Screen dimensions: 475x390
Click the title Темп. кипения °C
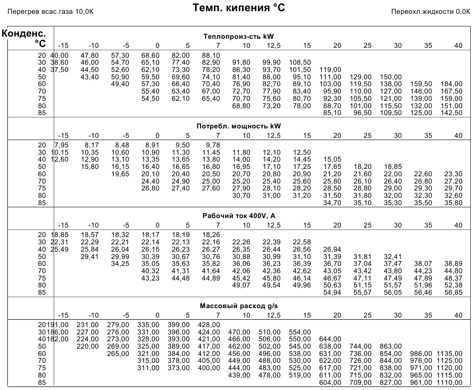(239, 8)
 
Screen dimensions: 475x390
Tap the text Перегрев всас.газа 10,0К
(50, 12)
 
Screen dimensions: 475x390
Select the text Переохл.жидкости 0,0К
(431, 12)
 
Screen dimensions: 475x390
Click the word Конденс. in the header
(24, 33)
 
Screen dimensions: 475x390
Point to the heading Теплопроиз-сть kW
(239, 37)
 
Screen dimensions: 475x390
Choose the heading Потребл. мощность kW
(239, 126)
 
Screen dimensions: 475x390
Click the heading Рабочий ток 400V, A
(239, 216)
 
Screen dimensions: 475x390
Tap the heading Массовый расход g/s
(239, 306)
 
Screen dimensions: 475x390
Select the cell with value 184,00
(451, 84)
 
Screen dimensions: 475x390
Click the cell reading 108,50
(300, 62)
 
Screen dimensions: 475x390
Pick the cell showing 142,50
(451, 113)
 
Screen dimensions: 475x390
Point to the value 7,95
(62, 145)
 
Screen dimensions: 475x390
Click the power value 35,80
(453, 203)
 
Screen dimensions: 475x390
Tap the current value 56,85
(453, 293)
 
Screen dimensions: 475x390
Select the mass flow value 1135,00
(450, 353)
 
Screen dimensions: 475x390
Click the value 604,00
(330, 382)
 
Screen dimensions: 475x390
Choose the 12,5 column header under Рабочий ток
(274, 225)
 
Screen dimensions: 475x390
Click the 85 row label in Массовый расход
(42, 382)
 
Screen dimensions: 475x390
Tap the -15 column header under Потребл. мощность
(63, 136)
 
